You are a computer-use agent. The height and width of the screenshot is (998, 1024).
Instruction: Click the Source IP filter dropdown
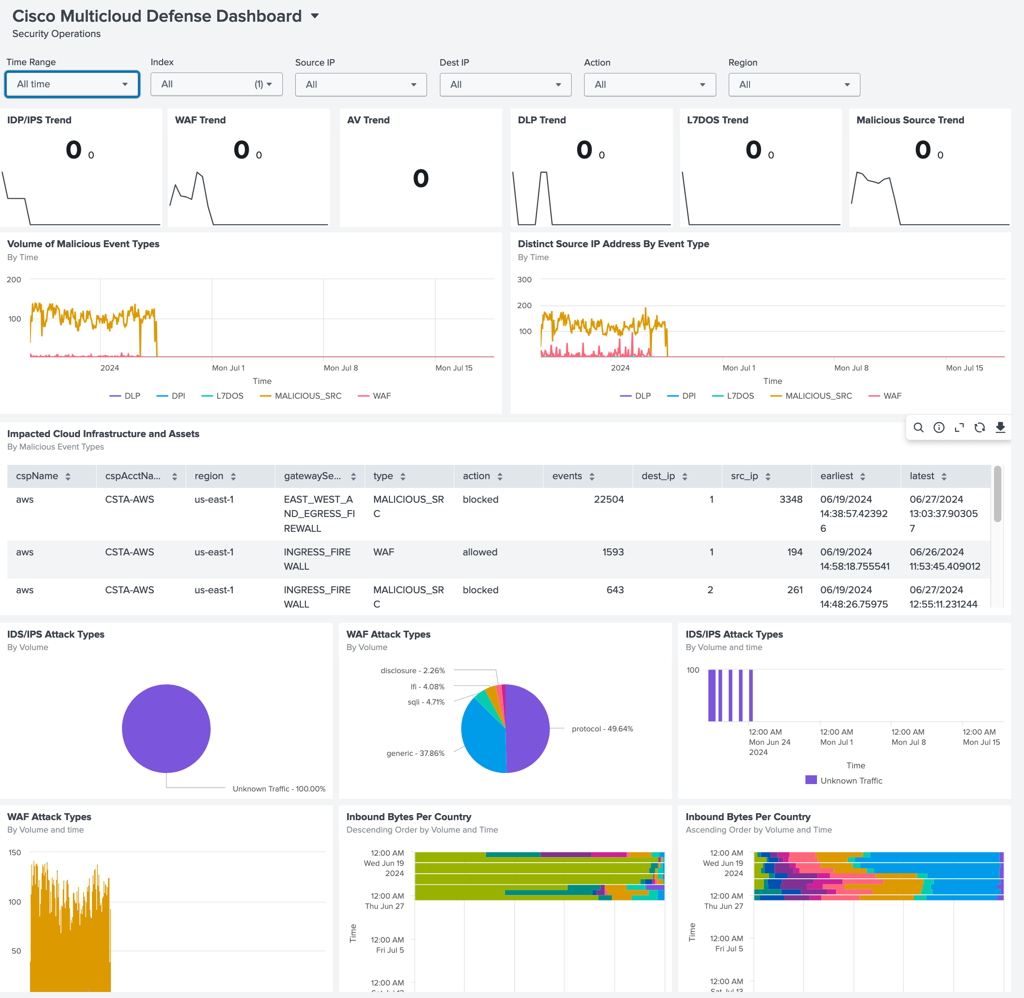click(x=361, y=85)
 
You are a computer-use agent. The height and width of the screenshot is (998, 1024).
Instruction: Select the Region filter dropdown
click(x=794, y=85)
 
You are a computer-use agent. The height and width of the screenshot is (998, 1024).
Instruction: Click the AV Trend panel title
click(x=368, y=120)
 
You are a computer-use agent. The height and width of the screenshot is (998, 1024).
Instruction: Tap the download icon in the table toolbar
click(x=1000, y=427)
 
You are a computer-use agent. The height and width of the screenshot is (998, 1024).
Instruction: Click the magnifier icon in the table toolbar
click(x=918, y=427)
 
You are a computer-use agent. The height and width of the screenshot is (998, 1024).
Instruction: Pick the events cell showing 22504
click(x=608, y=499)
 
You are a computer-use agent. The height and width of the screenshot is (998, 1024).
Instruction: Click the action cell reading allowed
click(x=480, y=552)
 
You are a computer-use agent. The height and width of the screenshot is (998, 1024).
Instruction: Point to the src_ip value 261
click(x=795, y=590)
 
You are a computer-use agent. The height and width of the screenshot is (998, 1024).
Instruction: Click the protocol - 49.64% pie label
click(x=603, y=729)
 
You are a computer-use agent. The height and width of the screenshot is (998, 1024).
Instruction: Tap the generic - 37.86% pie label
click(x=415, y=753)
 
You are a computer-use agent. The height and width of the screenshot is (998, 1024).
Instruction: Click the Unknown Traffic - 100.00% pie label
click(x=279, y=789)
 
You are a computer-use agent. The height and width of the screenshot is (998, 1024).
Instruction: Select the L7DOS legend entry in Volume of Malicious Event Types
click(x=222, y=396)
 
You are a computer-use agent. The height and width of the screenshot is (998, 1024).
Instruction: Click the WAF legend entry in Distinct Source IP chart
click(x=885, y=396)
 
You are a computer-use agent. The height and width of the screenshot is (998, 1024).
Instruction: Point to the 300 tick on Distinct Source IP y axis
click(x=524, y=280)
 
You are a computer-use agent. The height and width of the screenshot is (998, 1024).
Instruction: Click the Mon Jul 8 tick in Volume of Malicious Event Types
click(x=341, y=368)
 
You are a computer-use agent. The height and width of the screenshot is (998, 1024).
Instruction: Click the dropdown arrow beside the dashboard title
click(x=315, y=16)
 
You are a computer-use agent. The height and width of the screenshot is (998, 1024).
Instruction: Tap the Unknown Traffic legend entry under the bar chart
click(x=844, y=780)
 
